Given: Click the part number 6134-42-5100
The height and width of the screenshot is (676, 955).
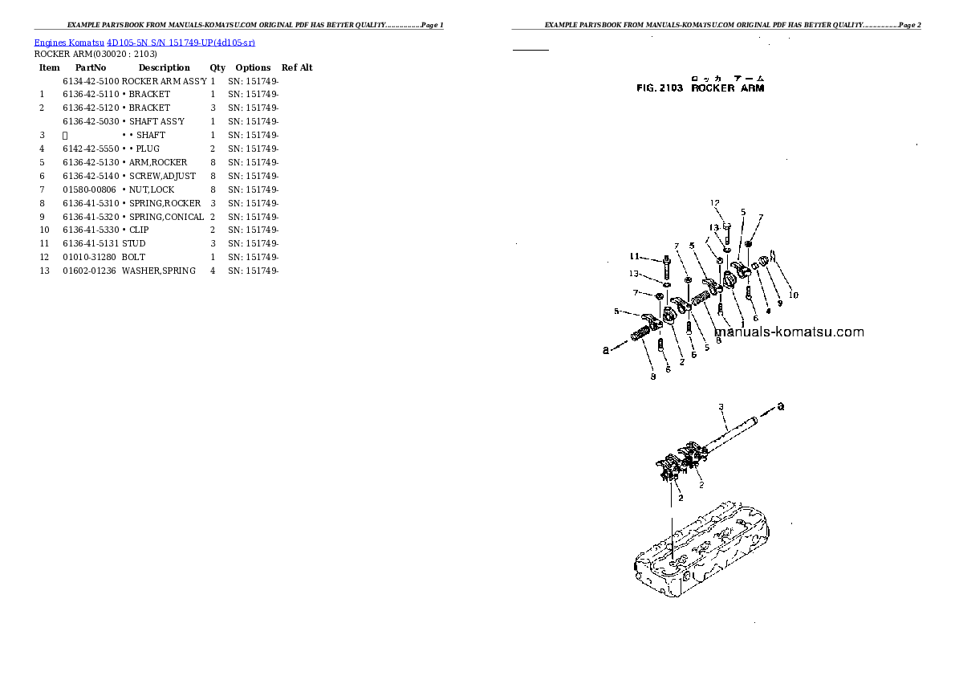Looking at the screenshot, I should coord(91,81).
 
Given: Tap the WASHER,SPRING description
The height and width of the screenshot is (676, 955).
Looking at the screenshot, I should coord(159,271).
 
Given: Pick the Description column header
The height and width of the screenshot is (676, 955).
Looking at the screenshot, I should coord(164,67).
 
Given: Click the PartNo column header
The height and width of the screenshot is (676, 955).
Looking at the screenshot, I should coord(91,67).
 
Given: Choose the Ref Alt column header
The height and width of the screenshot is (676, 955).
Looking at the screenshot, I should coord(297,67).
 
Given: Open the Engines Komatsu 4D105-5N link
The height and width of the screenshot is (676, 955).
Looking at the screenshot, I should coord(144,42).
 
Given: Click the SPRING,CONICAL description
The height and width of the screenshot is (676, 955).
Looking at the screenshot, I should coord(166,217).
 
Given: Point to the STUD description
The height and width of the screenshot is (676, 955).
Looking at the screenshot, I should coord(134,243).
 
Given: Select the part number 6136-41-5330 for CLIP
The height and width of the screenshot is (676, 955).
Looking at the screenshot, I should coord(91,230).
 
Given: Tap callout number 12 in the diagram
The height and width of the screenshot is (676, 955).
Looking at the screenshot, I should coord(715,203).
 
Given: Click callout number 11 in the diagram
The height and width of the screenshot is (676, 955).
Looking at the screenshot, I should coord(634,257).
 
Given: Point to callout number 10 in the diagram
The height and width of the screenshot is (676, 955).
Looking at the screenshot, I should coord(793,295).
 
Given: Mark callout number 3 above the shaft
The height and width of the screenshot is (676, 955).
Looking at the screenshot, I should coord(721,407).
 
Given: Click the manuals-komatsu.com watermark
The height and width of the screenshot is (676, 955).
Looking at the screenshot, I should coord(788,332).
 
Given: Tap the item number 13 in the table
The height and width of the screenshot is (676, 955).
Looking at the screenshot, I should coord(45,271).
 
